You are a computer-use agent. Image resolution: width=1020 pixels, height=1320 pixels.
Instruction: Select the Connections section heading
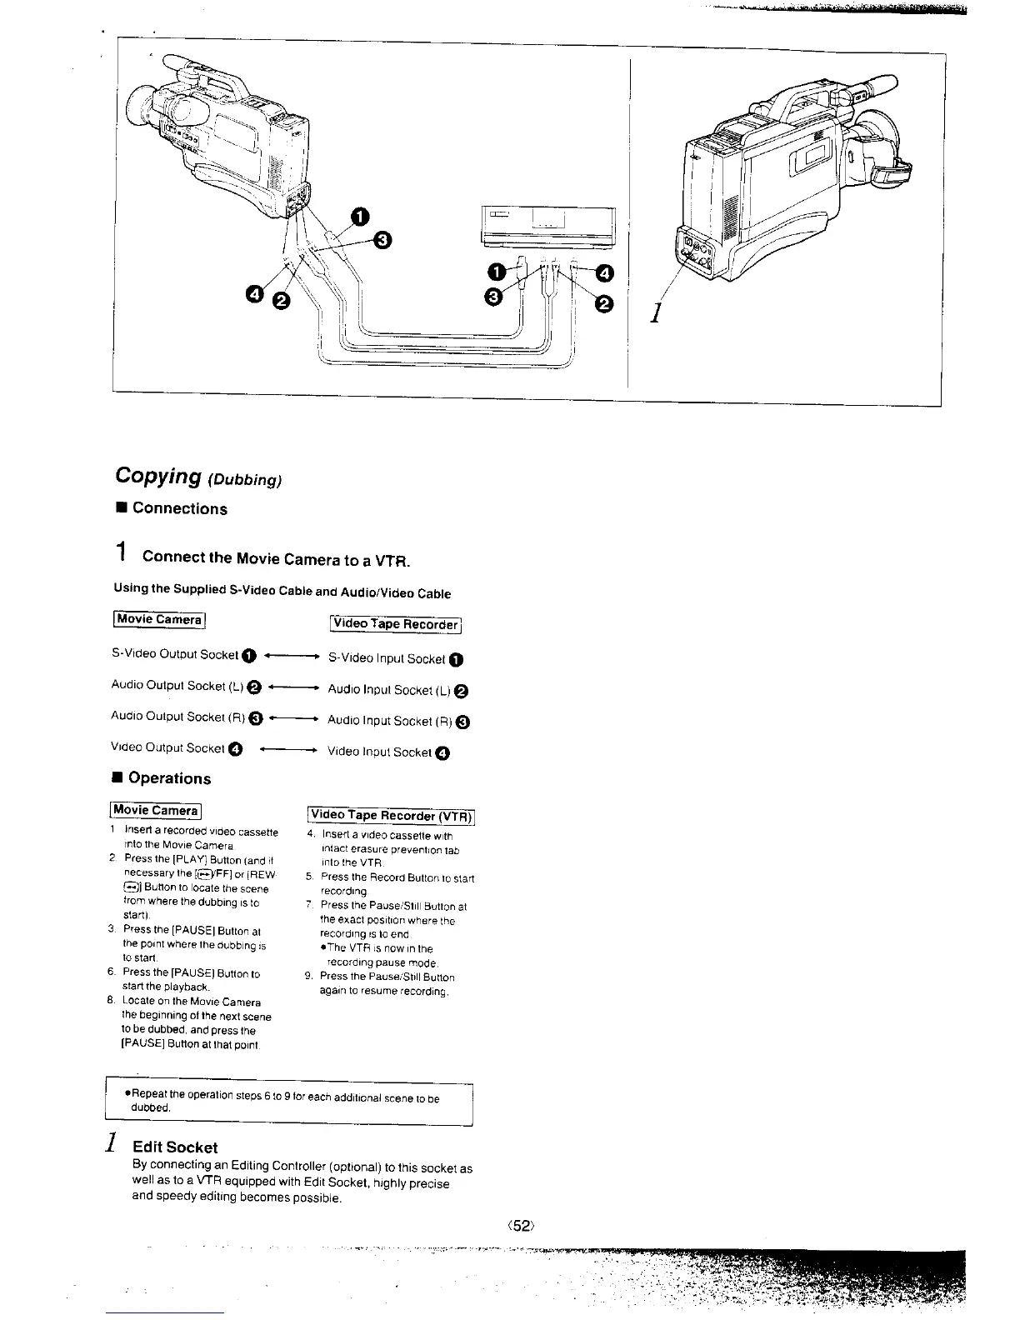[x=179, y=508]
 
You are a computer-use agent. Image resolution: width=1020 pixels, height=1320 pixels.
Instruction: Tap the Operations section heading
[x=169, y=778]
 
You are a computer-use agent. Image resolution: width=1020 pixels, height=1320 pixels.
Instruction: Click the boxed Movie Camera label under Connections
[x=158, y=619]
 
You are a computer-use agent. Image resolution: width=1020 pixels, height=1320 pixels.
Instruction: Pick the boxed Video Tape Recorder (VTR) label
[x=391, y=815]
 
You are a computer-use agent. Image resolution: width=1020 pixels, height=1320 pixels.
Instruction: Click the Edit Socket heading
[x=181, y=1147]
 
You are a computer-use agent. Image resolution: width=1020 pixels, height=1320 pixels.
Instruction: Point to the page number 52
[x=522, y=1225]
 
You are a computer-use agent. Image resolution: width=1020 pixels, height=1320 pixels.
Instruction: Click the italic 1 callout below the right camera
[x=657, y=313]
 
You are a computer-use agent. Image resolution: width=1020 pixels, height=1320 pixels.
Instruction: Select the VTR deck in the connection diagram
[x=547, y=225]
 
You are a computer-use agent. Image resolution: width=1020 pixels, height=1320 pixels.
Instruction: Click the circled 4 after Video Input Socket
[x=442, y=753]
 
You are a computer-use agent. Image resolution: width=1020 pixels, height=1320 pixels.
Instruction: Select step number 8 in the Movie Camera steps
[x=110, y=1002]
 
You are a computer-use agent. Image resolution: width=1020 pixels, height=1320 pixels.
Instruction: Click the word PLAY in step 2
[x=190, y=859]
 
